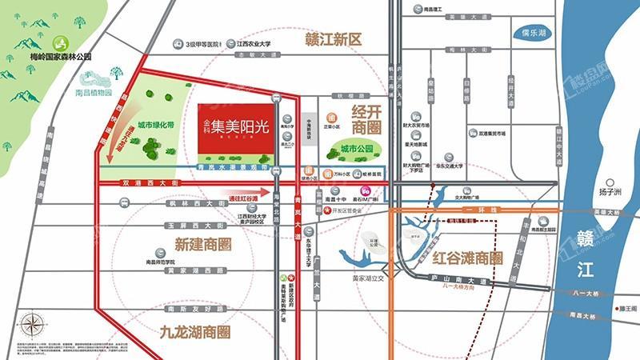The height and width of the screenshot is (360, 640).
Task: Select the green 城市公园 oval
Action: click(x=355, y=150)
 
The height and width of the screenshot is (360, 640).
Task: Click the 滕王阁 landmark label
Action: click(x=626, y=307)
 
